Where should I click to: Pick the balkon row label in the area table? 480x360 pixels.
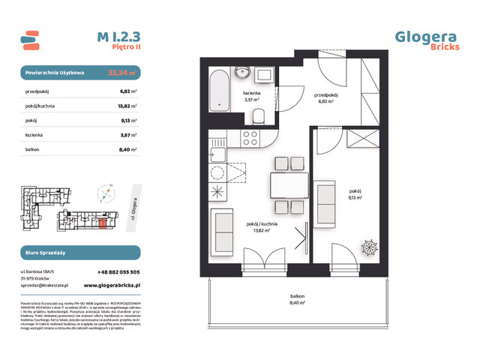[31, 149]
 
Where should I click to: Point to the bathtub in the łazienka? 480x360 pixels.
[218, 90]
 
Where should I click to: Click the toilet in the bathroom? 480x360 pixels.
[259, 115]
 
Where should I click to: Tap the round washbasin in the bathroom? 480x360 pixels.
[242, 73]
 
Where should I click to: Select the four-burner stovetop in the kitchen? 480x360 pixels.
[249, 138]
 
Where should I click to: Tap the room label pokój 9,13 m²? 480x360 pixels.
[355, 193]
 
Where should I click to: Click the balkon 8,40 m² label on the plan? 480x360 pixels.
[299, 299]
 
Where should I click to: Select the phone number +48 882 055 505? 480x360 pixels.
[118, 272]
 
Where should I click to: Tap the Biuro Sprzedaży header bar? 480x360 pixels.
[79, 253]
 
